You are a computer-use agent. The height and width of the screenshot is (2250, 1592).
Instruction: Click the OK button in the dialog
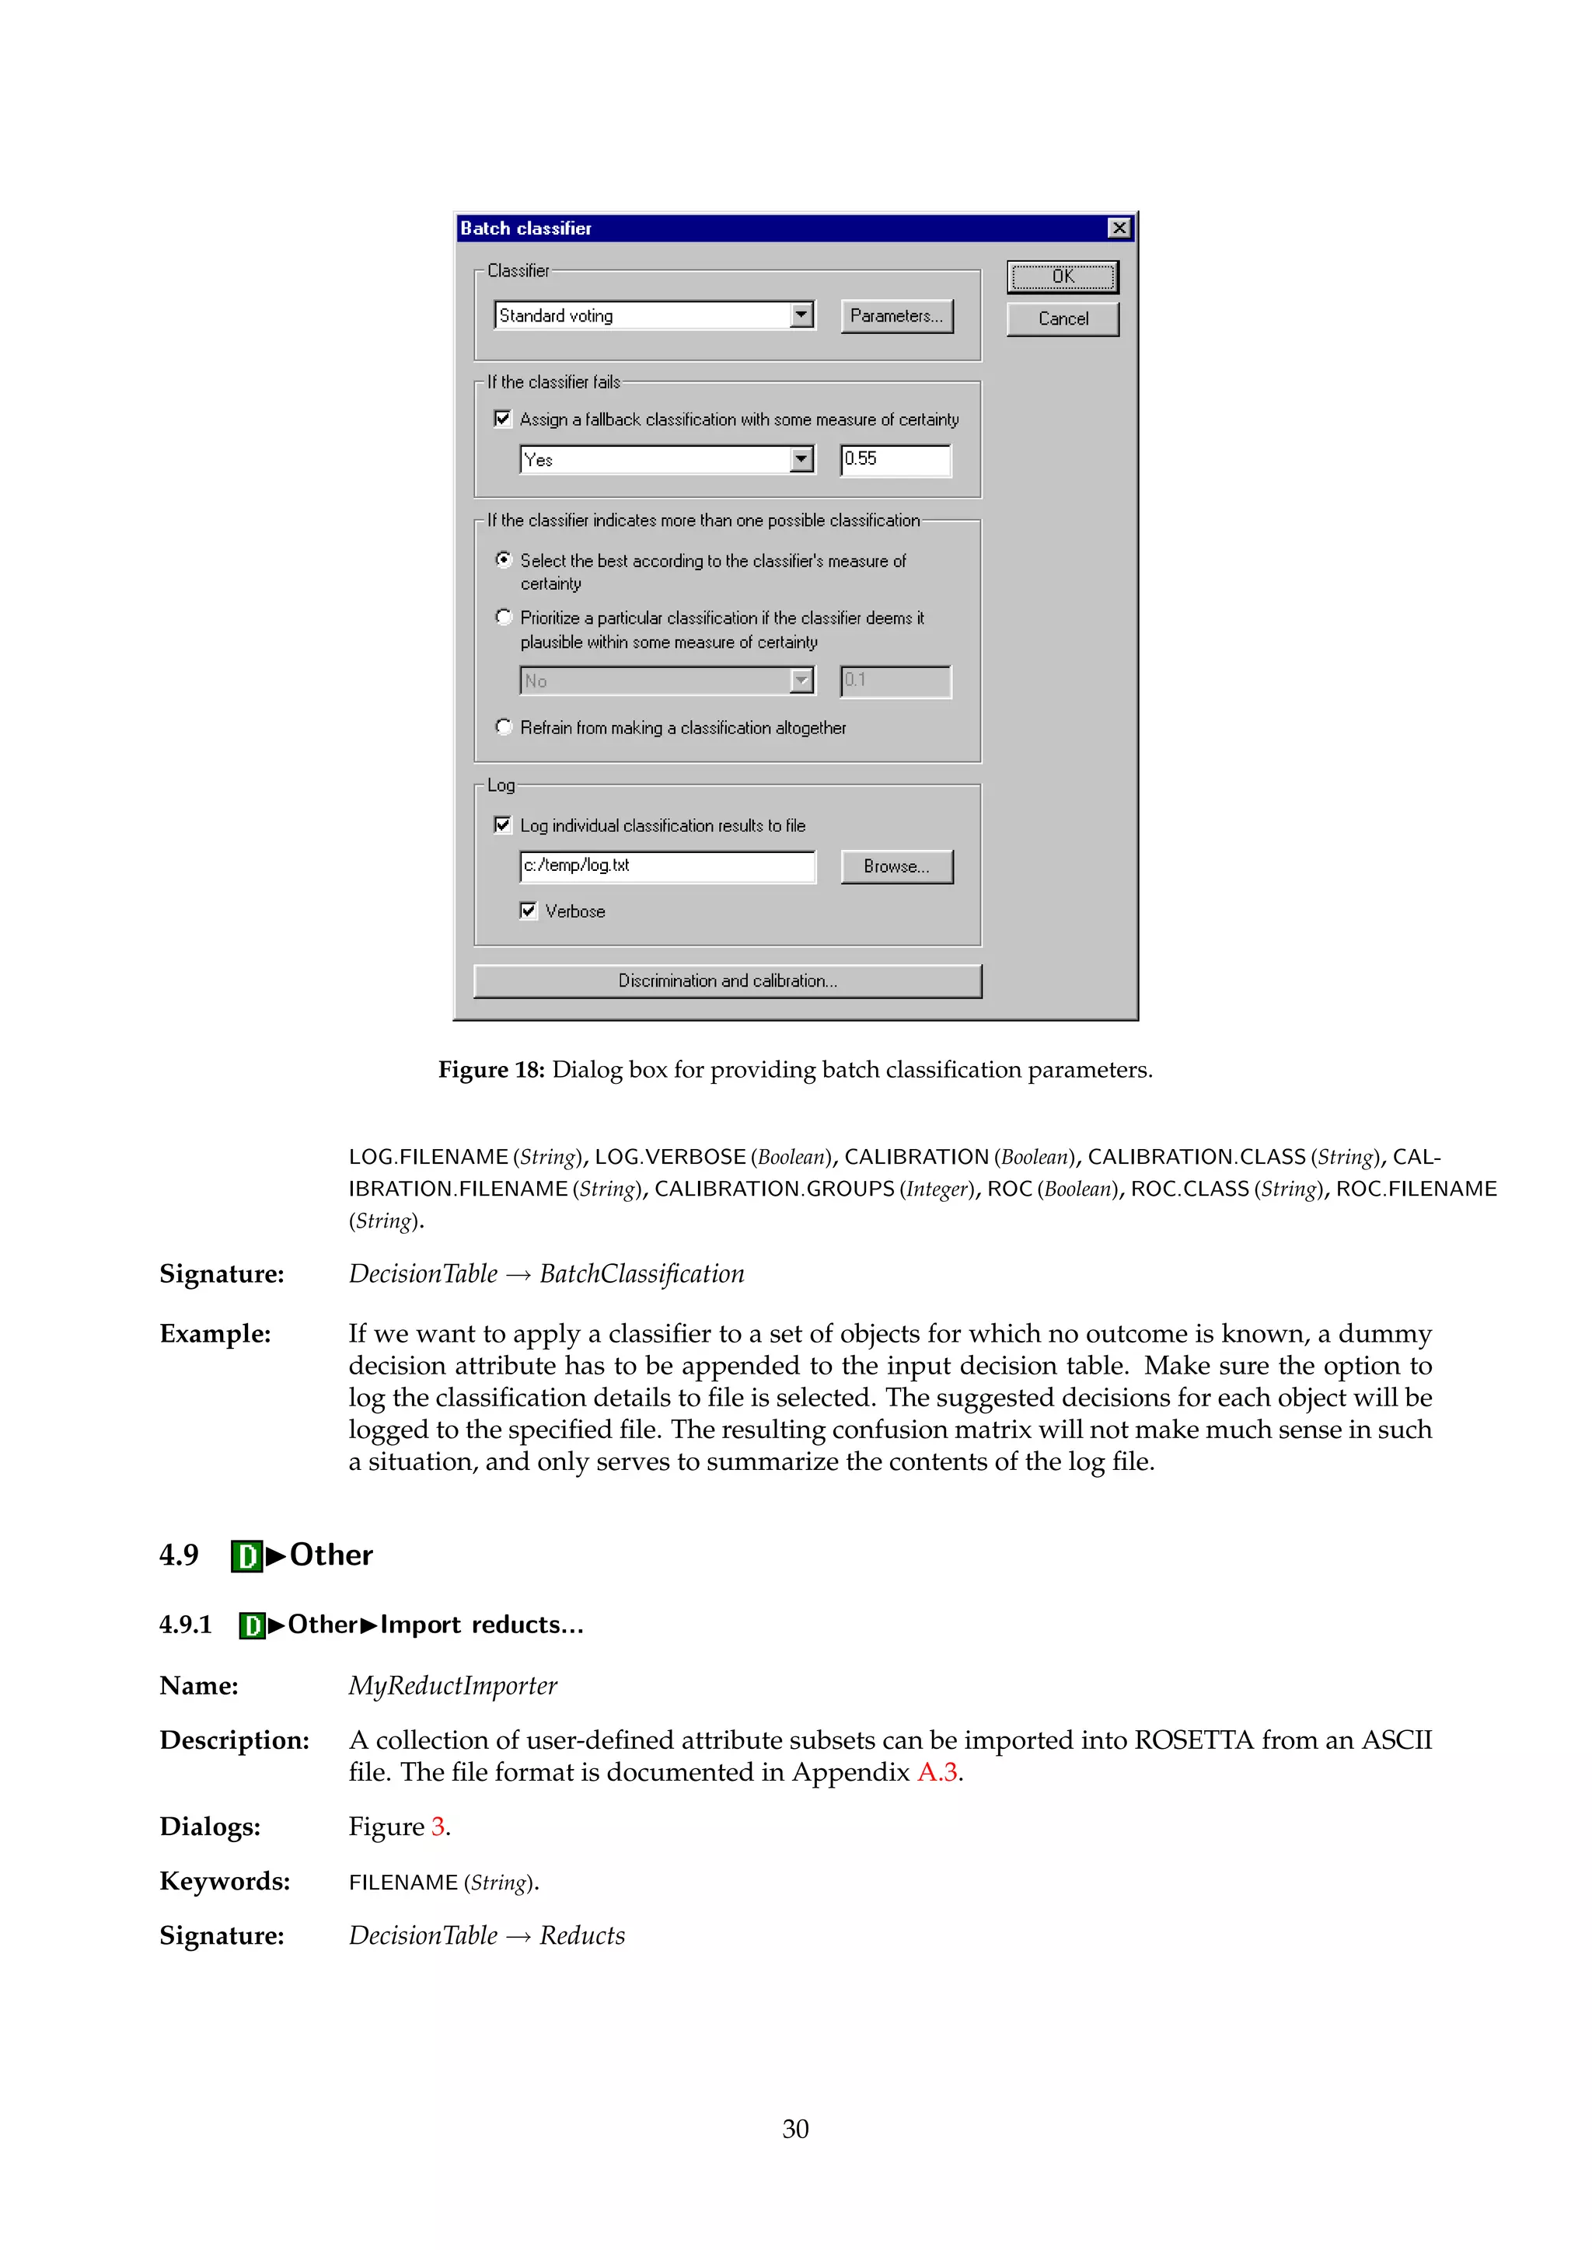(1063, 277)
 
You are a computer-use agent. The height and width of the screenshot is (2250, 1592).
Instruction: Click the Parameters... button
(896, 316)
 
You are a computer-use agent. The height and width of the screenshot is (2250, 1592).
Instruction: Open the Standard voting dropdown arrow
(802, 315)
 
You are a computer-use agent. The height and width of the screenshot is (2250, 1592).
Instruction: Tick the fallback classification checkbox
(503, 420)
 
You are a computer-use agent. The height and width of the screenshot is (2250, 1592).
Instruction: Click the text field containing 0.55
(895, 460)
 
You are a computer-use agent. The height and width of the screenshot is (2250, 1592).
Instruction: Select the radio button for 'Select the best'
(504, 560)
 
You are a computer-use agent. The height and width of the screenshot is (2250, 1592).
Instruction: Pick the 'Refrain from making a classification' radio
(504, 727)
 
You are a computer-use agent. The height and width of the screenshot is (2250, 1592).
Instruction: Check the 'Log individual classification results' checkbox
(503, 825)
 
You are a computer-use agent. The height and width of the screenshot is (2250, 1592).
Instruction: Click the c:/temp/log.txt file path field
(667, 866)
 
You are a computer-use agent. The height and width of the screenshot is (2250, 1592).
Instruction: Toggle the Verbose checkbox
(529, 911)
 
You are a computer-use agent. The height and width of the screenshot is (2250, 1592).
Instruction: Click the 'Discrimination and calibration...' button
(728, 981)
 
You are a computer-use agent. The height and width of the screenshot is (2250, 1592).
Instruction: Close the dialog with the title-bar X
(1119, 228)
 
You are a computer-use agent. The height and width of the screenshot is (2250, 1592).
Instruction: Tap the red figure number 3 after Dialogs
(438, 1827)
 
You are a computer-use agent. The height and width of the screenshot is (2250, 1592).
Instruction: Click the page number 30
(795, 2129)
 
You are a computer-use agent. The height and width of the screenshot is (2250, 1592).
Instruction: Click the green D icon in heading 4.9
(247, 1556)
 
